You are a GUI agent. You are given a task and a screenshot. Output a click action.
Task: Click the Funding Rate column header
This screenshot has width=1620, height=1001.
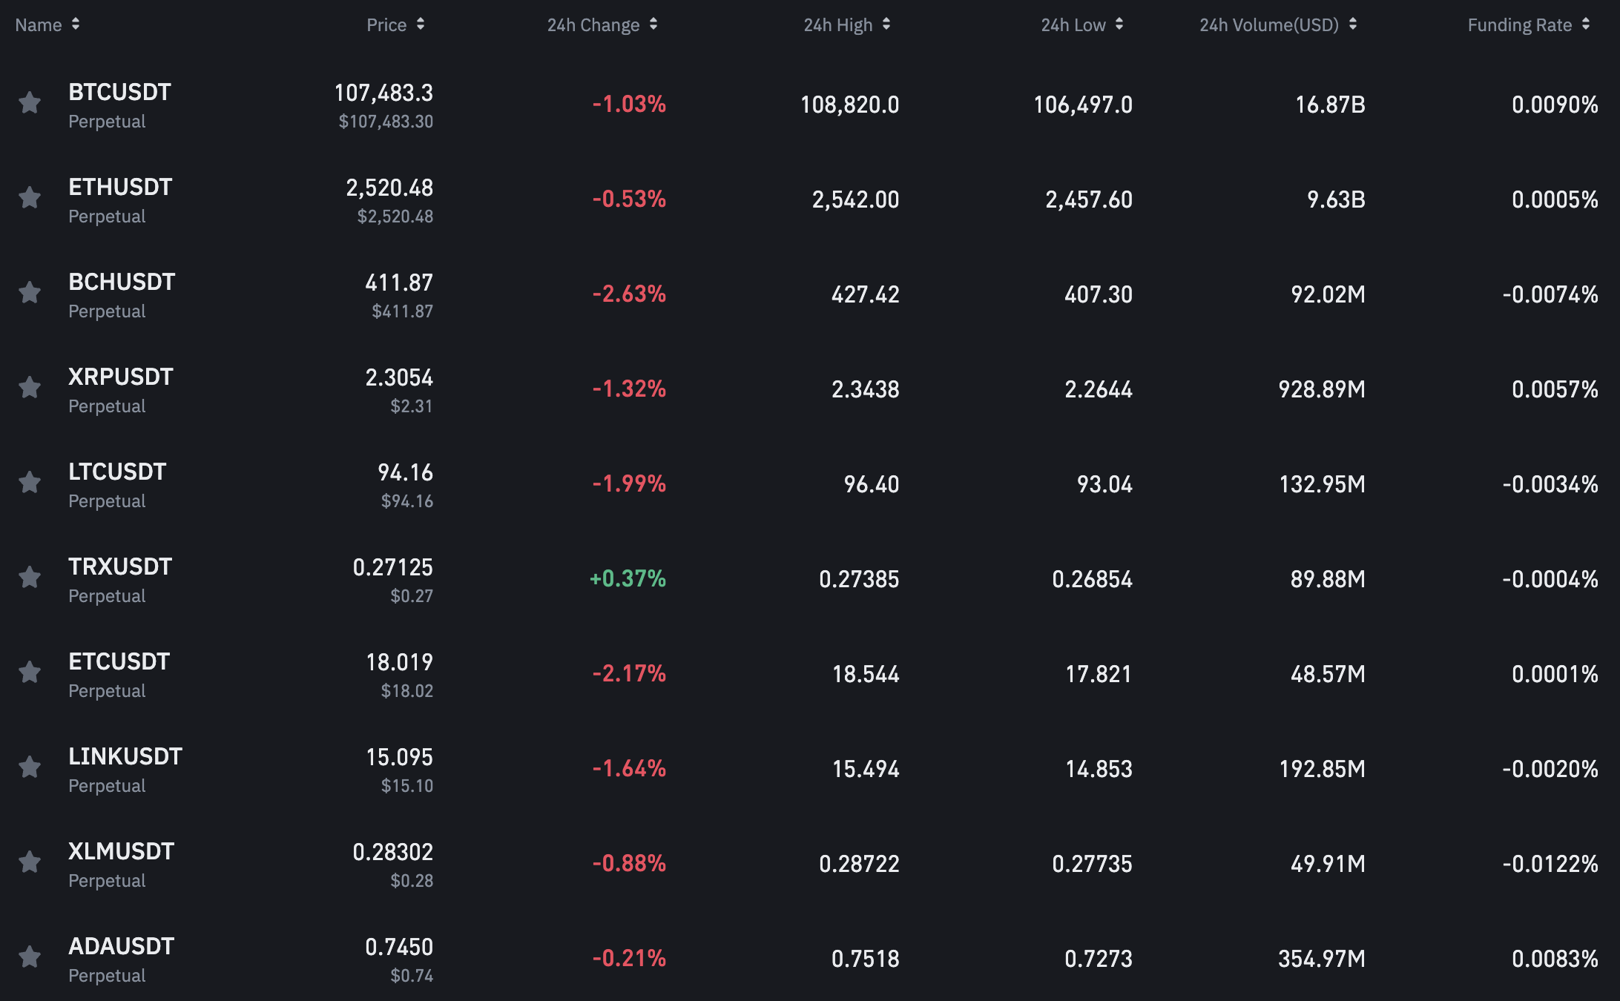(1519, 25)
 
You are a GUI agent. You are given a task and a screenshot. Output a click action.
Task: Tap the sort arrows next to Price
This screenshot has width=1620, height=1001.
(421, 24)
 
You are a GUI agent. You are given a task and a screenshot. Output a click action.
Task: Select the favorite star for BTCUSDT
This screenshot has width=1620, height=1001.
(30, 102)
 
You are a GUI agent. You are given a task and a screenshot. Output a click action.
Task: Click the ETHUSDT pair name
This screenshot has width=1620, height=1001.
(120, 187)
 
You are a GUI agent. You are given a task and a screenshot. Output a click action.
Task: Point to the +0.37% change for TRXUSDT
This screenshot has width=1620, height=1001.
(628, 578)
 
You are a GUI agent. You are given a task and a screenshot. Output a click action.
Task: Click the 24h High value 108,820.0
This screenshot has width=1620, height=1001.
(849, 105)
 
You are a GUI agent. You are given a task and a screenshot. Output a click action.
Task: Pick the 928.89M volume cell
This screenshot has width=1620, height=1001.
(1322, 389)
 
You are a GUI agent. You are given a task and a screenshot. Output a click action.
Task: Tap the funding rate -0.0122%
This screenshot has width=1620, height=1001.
(1550, 864)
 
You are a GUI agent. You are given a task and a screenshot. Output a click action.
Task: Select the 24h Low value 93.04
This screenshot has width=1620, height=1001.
(1104, 484)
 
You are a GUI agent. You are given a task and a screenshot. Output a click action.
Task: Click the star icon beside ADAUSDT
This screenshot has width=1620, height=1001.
(30, 957)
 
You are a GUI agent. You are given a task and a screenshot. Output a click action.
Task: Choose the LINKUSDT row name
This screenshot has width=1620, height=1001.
(125, 756)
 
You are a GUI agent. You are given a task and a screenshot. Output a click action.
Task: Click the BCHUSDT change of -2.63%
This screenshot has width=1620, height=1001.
(629, 294)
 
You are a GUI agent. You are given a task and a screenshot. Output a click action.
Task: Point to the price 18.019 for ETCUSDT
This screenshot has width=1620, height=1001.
(399, 662)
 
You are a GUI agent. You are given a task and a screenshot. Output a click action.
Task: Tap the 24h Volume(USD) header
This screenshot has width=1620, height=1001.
(1269, 25)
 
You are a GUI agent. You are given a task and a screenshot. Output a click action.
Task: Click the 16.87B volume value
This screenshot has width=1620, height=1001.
(1330, 105)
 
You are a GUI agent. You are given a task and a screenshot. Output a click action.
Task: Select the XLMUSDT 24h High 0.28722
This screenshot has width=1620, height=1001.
(859, 864)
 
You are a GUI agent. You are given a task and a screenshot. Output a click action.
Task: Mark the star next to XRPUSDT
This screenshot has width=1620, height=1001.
(30, 387)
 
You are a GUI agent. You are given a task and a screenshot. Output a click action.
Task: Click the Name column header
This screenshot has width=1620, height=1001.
(39, 25)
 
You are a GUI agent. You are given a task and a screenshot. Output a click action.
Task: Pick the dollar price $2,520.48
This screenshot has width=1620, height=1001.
(395, 217)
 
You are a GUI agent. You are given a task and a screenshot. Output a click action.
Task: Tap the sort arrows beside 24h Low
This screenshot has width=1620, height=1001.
(1119, 24)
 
